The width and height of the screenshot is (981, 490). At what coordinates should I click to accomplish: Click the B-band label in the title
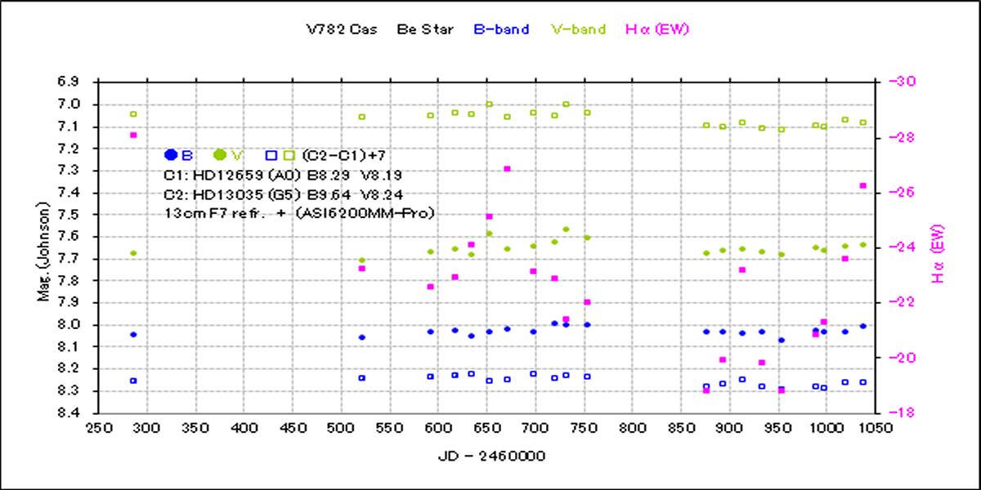501,29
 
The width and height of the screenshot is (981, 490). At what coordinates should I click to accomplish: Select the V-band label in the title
579,29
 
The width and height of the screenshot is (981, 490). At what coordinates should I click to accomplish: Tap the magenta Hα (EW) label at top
657,29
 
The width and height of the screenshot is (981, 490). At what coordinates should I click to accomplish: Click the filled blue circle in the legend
171,154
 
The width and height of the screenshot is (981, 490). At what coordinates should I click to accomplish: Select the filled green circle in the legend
219,154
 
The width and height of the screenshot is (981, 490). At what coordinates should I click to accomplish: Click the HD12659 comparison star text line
283,175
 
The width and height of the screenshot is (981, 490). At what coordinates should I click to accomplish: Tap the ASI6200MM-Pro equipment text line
299,212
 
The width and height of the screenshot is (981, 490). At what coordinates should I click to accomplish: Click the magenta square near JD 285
133,135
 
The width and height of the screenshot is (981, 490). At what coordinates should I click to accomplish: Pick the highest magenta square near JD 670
507,169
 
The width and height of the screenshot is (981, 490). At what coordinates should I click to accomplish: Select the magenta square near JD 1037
863,185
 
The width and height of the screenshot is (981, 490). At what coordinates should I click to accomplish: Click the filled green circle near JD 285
133,253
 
